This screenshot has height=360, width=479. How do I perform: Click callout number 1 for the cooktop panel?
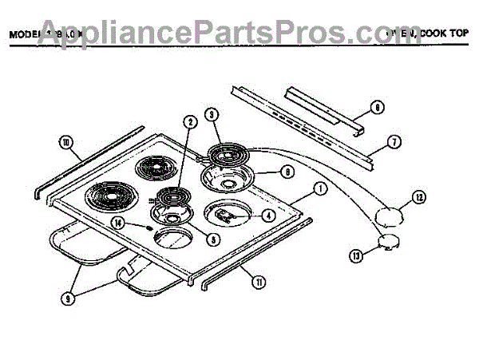(319, 188)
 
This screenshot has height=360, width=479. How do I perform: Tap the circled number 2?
(189, 122)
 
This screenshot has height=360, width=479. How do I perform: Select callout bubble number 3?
(211, 114)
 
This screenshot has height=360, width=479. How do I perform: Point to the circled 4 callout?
(268, 215)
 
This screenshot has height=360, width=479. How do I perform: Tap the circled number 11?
(259, 280)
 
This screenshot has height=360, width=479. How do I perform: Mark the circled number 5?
(212, 237)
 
